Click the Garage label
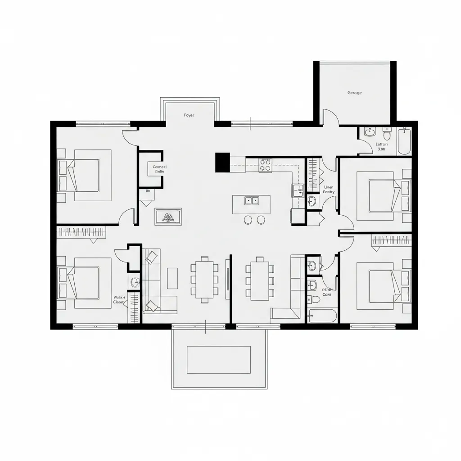coord(354,93)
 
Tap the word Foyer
coord(189,115)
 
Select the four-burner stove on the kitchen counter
coord(265,165)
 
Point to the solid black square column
coord(222,162)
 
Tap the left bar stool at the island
coord(247,220)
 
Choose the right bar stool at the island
coord(261,220)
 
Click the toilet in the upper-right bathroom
coord(387,135)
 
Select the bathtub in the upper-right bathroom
coord(404,141)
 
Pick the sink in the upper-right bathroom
coord(370,132)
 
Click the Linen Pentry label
coord(329,189)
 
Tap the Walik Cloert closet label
coord(119,300)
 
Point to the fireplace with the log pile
coord(168,217)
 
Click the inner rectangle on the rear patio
coord(218,359)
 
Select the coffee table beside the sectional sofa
coord(172,278)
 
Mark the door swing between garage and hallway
coord(332,118)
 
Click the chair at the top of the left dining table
coord(205,259)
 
